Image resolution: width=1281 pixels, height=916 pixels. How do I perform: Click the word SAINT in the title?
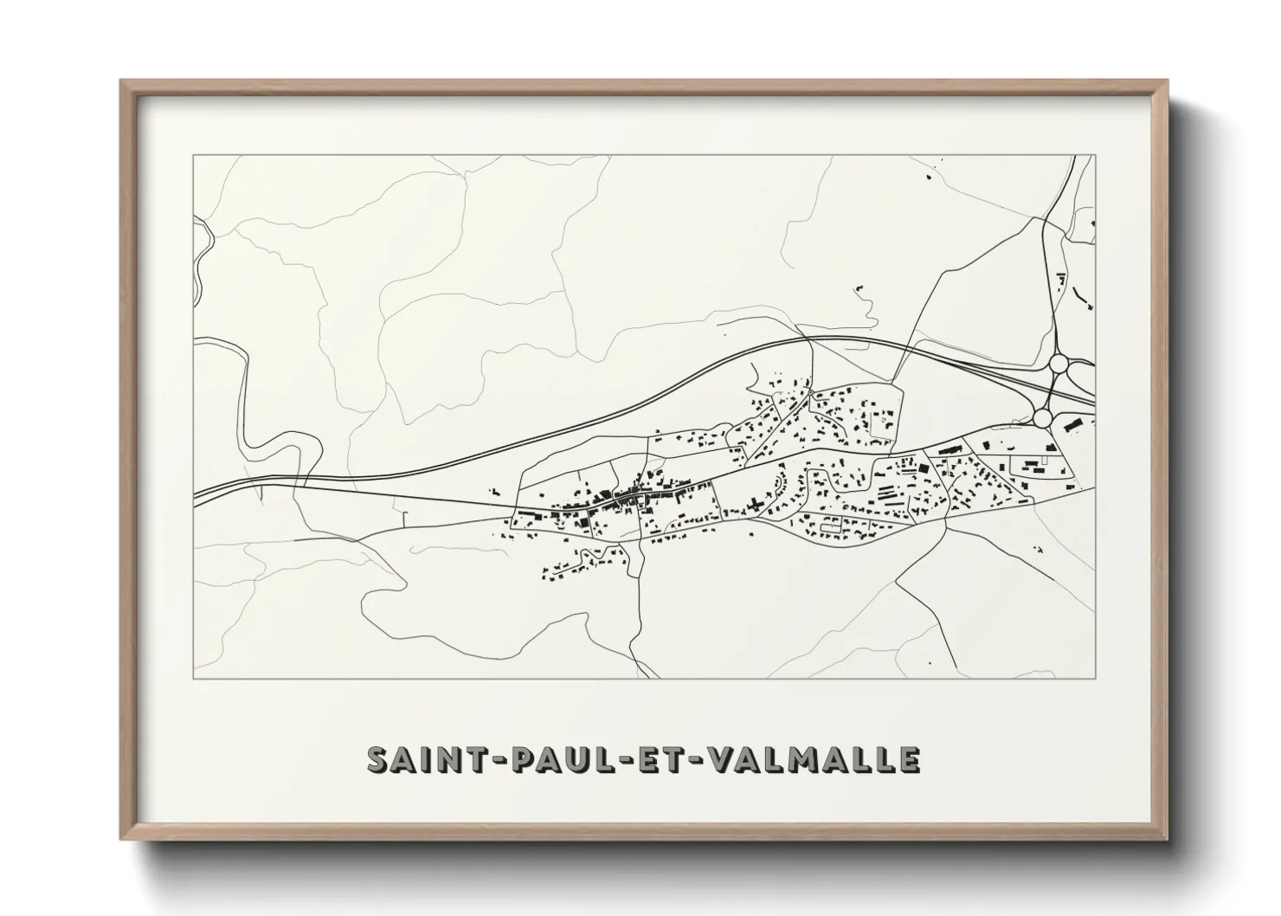pyautogui.click(x=423, y=759)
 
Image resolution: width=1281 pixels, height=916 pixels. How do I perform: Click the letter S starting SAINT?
pyautogui.click(x=377, y=759)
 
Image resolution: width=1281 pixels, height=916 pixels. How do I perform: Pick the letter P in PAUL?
pyautogui.click(x=513, y=759)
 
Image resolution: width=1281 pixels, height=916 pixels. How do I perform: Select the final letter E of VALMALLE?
pyautogui.click(x=908, y=759)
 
